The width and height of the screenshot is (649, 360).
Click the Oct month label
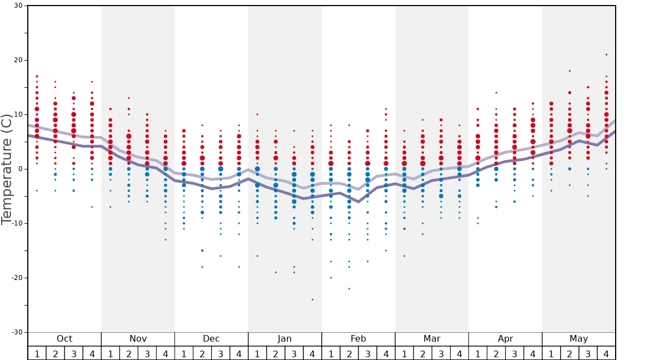(64, 339)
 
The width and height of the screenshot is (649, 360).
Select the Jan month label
(284, 339)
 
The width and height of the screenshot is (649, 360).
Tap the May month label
(578, 339)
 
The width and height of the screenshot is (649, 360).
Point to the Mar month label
(432, 339)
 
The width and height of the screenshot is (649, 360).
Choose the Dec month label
(211, 339)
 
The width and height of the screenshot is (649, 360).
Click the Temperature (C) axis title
(7, 169)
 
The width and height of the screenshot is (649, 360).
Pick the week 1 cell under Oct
(37, 353)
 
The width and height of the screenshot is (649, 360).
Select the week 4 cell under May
(606, 353)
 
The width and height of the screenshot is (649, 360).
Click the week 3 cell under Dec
(221, 353)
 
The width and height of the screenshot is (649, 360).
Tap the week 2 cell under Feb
(349, 353)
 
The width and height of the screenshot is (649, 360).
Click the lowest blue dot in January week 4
(312, 299)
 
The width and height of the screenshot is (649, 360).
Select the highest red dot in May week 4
(606, 54)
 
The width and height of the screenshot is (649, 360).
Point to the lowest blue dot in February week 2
(349, 288)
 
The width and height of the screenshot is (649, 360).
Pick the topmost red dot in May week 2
(570, 71)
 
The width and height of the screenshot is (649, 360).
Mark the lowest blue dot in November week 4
(166, 239)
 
